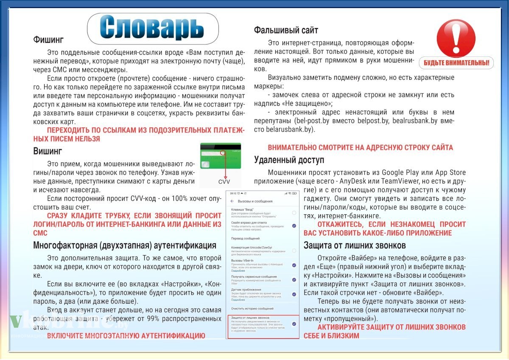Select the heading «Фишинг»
point(48,40)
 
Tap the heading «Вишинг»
point(48,151)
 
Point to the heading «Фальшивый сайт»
point(286,30)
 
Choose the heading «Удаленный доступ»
point(289,160)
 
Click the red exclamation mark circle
point(456,37)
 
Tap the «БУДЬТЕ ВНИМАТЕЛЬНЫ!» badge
point(456,63)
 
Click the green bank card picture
point(220,156)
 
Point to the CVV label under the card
point(224,182)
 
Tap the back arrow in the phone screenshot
point(232,201)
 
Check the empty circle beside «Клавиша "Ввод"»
point(294,213)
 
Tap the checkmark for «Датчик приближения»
point(294,294)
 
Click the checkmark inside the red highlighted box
point(294,324)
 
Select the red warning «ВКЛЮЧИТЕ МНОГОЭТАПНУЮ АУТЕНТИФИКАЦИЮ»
point(126,336)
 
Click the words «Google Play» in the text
point(398,172)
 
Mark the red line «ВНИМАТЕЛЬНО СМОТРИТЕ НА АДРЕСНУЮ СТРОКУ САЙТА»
point(360,147)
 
